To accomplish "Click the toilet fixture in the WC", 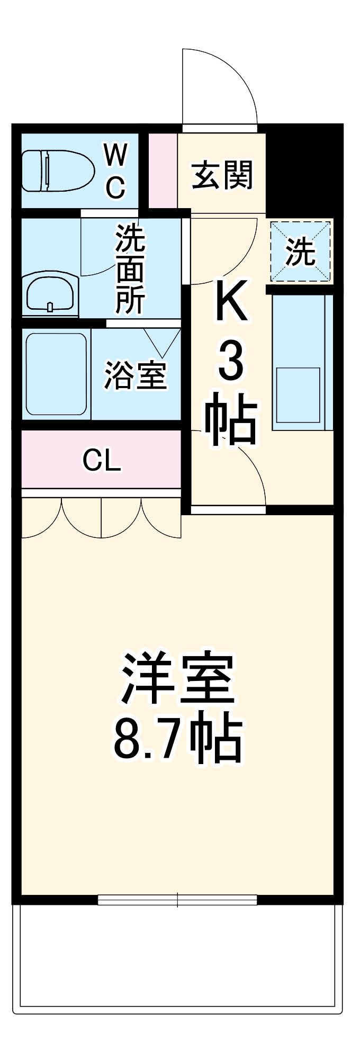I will point(57,170).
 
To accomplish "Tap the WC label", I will point(115,170).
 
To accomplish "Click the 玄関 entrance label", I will point(222,175).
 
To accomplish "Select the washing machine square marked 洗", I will point(301,252).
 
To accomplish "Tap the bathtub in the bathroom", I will point(56,374).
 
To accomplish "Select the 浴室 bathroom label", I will point(136,375).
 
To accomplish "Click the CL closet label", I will point(102,460).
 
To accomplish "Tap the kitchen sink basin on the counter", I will point(298,394).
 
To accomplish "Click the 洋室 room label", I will point(178,678).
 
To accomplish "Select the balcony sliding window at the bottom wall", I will point(177,900).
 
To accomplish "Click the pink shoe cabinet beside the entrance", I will point(163,170).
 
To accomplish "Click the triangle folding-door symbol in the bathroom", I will point(162,342).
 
